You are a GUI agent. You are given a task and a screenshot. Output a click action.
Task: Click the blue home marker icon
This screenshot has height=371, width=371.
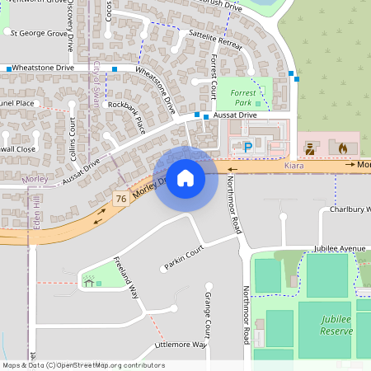click(185, 178)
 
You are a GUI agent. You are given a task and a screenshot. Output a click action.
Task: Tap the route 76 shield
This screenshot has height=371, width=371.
click(121, 199)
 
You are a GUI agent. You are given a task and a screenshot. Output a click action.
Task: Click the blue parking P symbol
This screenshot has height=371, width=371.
click(247, 148)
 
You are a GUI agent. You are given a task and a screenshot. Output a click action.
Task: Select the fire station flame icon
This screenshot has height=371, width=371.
click(343, 148)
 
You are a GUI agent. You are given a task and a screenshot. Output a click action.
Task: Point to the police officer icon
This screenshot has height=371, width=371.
click(311, 148)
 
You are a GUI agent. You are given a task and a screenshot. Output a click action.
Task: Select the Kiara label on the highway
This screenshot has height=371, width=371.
click(294, 166)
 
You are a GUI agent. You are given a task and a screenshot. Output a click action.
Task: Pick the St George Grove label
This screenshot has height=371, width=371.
click(38, 34)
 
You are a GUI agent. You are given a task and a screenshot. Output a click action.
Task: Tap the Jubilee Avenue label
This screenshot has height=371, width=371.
click(339, 247)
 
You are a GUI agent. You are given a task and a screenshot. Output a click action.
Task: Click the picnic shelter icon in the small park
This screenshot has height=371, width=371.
click(87, 283)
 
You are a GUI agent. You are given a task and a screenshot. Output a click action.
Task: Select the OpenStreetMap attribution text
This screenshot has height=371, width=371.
click(83, 364)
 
